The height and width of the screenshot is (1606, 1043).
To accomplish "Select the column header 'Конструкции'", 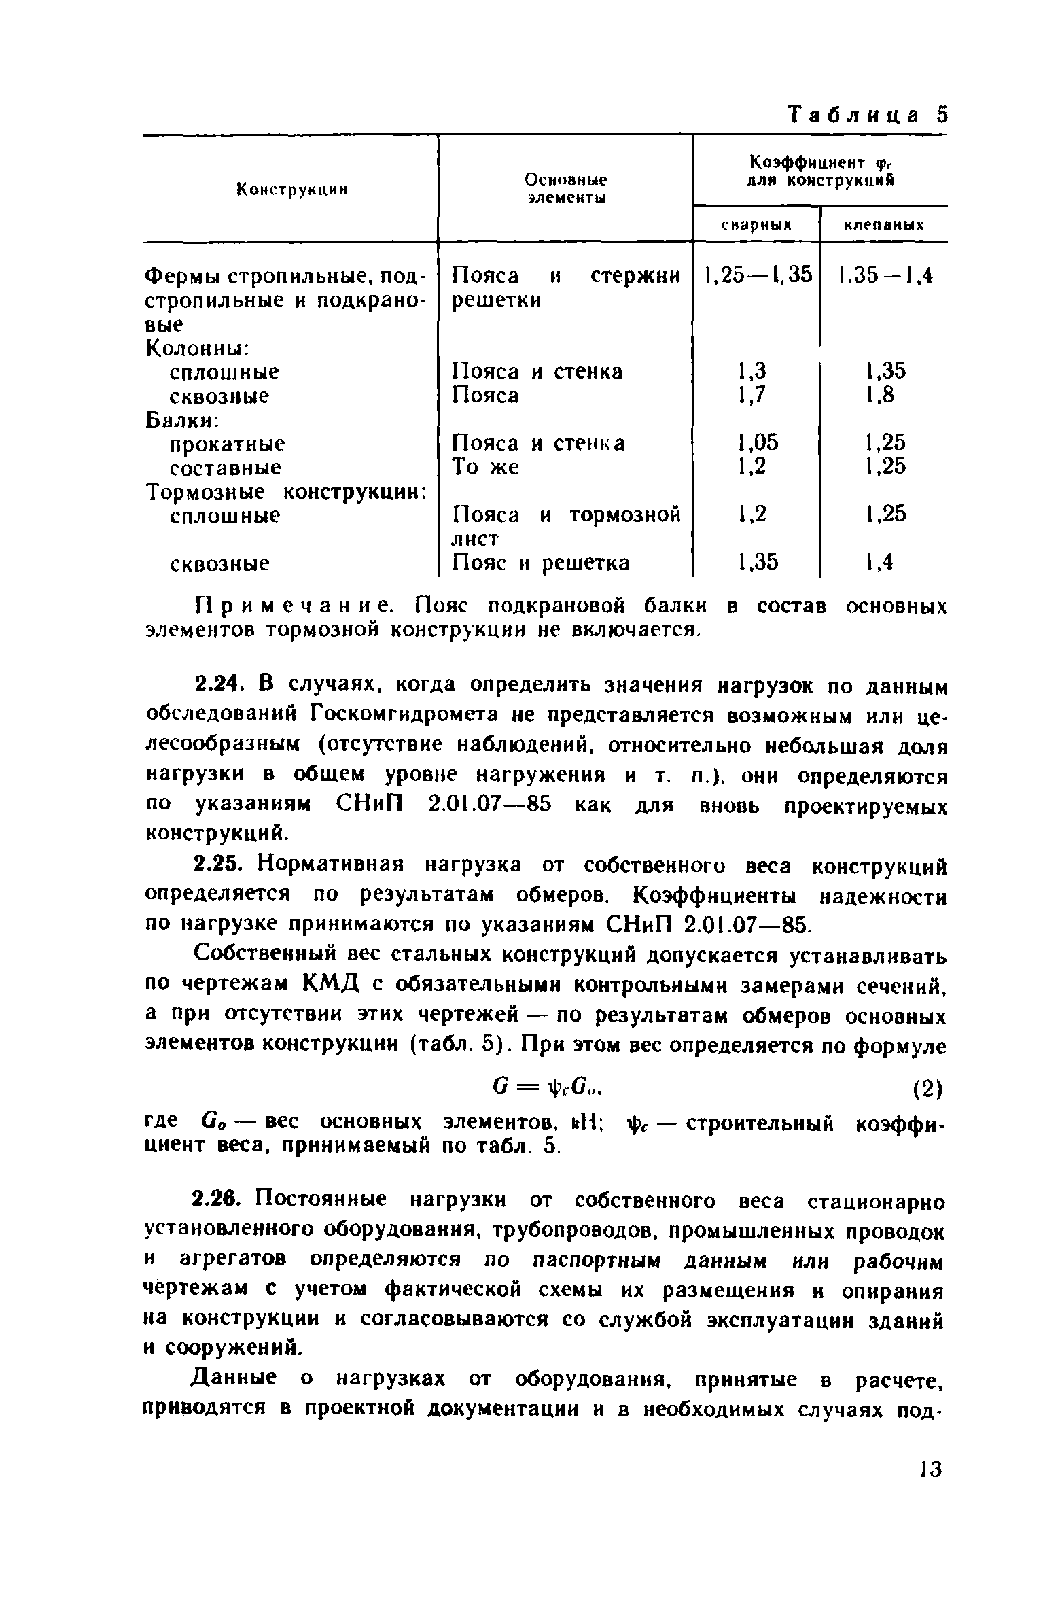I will click(291, 190).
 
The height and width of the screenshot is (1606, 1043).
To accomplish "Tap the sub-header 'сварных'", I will click(756, 225).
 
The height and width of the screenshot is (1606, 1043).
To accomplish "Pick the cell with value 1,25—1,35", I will click(758, 275).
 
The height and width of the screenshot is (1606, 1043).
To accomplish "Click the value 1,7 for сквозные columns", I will click(752, 396).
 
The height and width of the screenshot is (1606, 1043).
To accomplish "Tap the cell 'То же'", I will click(485, 468).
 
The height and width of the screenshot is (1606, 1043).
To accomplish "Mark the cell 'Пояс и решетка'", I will click(541, 563).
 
